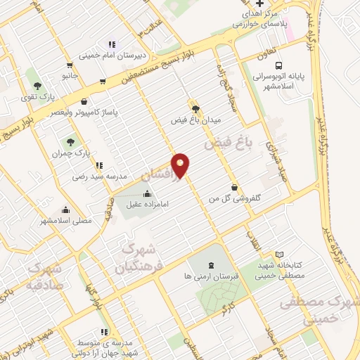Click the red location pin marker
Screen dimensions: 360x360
coord(181,165)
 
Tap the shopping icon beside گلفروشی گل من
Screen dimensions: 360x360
coord(233,188)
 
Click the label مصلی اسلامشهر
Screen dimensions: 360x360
coord(65,220)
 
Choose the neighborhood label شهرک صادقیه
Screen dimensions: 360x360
coord(44,278)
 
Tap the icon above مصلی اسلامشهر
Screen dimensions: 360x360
coord(65,209)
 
